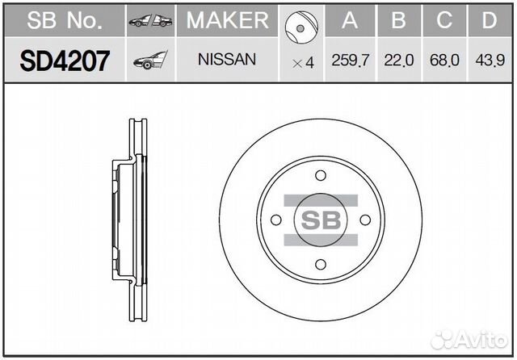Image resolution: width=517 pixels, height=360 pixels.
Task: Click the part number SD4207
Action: tap(64, 61)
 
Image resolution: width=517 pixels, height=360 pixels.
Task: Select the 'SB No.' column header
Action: tap(64, 21)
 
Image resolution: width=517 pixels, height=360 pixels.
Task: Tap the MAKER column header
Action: tap(227, 21)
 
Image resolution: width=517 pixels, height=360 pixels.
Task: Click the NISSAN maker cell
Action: tap(227, 60)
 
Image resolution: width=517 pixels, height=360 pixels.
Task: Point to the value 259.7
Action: tap(348, 61)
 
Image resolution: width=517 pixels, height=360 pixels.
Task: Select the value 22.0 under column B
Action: tap(398, 61)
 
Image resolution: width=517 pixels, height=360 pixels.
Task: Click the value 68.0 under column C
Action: tap(443, 61)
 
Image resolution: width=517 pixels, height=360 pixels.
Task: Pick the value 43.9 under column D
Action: tap(488, 61)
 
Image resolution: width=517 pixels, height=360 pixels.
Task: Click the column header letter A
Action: tap(348, 21)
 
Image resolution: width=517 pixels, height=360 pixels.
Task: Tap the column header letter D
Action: tap(488, 21)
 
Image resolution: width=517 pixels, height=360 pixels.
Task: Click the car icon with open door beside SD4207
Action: tap(150, 60)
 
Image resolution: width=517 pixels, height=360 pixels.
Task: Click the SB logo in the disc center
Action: tap(321, 220)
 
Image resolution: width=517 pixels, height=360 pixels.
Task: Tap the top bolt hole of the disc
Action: tap(321, 176)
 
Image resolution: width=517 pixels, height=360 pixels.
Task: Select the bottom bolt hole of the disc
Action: tap(321, 263)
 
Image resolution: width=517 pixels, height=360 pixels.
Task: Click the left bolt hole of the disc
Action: tap(277, 220)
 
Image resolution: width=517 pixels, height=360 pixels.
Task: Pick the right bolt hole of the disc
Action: tap(364, 220)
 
